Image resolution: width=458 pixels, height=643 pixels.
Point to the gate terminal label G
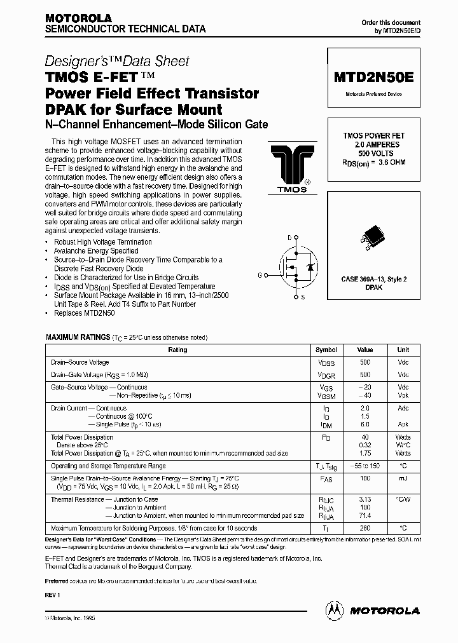[260, 275]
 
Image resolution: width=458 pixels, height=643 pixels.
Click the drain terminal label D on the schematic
[289, 237]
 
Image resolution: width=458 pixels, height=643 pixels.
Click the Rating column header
[177, 350]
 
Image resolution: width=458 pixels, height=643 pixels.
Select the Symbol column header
[326, 350]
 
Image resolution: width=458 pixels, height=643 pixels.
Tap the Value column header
[365, 350]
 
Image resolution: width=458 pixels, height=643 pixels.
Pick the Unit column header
[403, 350]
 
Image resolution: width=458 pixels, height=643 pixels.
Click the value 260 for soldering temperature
[365, 529]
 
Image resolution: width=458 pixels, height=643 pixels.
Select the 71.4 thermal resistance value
[365, 517]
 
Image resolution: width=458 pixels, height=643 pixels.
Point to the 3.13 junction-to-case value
[365, 499]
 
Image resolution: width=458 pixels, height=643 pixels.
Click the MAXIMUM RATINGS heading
[78, 337]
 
